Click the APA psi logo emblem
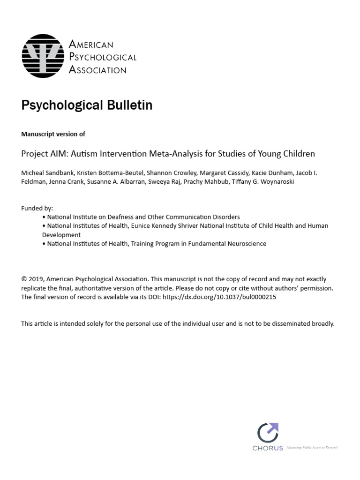point(43,56)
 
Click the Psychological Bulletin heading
point(87,105)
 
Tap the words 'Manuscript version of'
point(53,134)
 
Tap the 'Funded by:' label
point(37,208)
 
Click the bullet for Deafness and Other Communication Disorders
point(44,217)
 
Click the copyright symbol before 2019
point(24,279)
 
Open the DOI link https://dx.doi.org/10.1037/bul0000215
point(219,297)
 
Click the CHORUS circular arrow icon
point(268,433)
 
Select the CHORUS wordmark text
point(268,448)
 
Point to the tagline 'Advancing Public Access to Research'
point(312,448)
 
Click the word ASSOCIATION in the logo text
point(97,70)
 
